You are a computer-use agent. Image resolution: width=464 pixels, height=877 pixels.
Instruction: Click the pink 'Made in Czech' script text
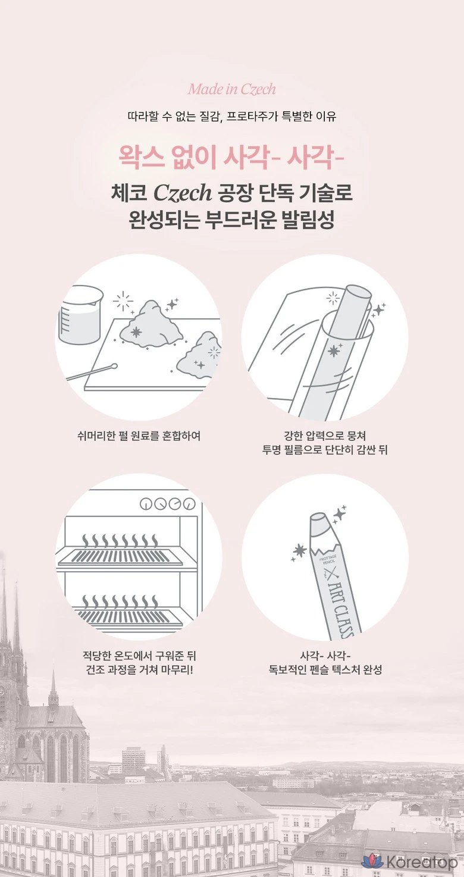(232, 89)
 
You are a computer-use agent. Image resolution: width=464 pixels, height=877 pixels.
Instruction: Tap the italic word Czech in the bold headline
(183, 193)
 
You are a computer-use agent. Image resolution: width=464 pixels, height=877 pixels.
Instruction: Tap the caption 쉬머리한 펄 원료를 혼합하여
(139, 436)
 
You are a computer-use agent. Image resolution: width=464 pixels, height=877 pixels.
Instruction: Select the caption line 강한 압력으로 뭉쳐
(325, 436)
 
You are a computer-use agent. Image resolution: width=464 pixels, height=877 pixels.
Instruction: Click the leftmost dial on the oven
(147, 505)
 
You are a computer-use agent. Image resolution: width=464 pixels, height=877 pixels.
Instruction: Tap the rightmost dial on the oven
(189, 505)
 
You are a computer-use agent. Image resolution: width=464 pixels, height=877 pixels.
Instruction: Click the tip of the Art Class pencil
(318, 519)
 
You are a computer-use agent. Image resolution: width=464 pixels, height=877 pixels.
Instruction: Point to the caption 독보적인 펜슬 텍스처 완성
(325, 669)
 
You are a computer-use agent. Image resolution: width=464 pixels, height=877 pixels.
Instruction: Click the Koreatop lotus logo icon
(372, 862)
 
